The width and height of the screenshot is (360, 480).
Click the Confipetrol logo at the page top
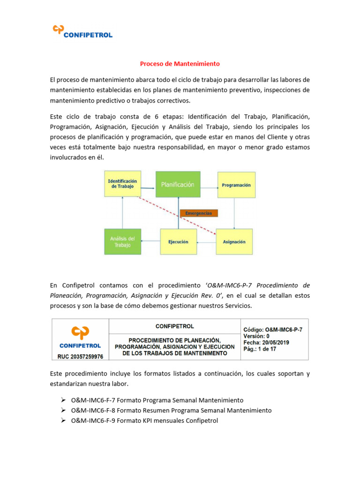click(82, 31)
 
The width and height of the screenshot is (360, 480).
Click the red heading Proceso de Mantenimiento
click(180, 64)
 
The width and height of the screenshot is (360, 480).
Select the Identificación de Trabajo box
click(122, 183)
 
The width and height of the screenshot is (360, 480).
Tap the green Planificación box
click(178, 185)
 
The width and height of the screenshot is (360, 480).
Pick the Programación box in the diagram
click(236, 185)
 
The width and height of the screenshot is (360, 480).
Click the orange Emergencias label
click(199, 213)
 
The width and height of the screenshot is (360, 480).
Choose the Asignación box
click(234, 242)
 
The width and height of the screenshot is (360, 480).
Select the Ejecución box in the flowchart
click(178, 242)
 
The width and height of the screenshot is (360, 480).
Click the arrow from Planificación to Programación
click(208, 185)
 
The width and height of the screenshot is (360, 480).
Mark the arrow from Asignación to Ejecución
click(206, 242)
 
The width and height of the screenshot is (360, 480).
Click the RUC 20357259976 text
click(80, 356)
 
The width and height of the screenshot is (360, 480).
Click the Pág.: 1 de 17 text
click(260, 349)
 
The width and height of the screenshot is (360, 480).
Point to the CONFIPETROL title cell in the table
click(174, 326)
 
